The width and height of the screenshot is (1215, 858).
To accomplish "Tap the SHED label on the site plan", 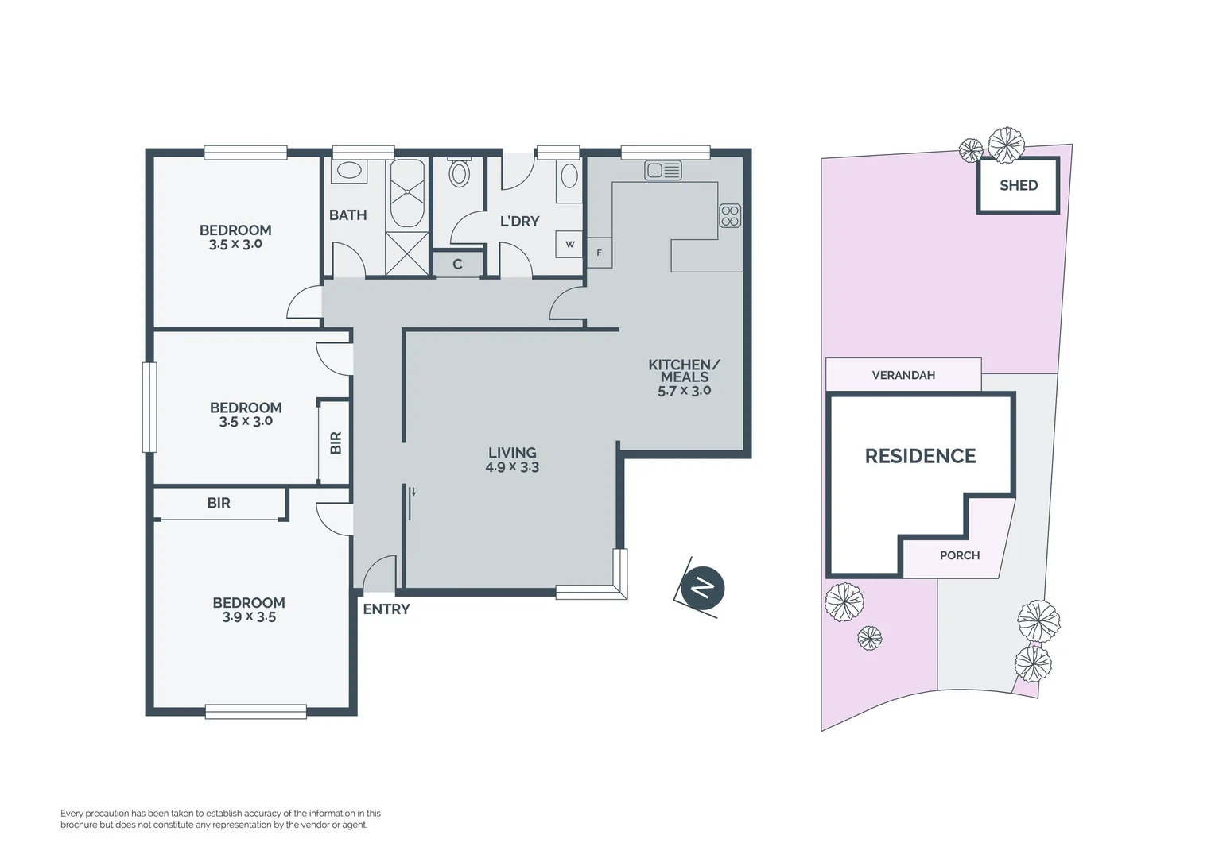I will coord(1019,185).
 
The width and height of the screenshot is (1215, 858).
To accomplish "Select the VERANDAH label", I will coord(903,375).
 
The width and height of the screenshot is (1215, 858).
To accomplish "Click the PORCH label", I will coord(960,555).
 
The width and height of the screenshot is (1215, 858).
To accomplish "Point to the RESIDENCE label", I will coord(920,456).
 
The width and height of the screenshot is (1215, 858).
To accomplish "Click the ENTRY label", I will coord(386,609).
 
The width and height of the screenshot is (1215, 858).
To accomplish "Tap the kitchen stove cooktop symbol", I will coord(730,215).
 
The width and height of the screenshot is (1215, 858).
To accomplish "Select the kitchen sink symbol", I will coord(662,170).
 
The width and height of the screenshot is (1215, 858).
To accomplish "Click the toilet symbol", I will coord(460,172).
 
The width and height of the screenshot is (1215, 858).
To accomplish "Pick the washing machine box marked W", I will coord(570,245).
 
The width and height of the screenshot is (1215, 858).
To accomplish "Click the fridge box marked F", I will coord(599,253).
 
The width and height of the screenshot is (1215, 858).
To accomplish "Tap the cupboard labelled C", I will coord(458,265).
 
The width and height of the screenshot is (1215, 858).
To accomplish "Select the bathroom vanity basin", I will coord(348,170).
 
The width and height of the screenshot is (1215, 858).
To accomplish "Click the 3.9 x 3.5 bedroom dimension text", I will coord(249,617).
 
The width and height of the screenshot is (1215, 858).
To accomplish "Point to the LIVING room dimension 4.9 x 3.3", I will coord(512,468).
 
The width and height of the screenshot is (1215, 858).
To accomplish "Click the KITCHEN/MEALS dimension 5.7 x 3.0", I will coord(684,391).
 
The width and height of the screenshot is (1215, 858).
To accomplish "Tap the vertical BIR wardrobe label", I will coord(336,443).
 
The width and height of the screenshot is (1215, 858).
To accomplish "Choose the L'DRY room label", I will coord(519,222).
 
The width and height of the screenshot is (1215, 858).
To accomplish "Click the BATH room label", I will coord(348,215).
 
